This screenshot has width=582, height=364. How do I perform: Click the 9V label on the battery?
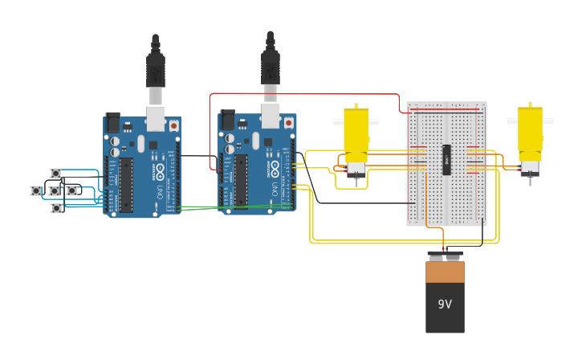(445, 305)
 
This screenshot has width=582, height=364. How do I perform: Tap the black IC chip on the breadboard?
(446, 159)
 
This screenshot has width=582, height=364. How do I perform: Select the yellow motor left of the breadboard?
(356, 137)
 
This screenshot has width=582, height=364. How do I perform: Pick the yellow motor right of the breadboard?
(530, 137)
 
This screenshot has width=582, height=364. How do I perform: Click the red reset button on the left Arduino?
(173, 125)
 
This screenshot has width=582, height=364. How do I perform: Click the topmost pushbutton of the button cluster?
(55, 174)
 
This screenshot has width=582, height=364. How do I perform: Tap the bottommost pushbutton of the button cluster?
(56, 208)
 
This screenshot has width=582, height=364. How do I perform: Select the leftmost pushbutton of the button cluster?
(36, 190)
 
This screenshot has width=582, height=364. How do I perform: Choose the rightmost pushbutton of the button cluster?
(71, 190)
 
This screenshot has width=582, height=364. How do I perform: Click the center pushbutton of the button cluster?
(54, 191)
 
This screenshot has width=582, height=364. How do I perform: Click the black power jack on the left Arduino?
(112, 122)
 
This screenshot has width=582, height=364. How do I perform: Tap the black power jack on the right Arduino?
(227, 120)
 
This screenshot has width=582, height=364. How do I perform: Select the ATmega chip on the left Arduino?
(126, 185)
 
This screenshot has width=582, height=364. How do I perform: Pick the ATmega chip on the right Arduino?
(241, 181)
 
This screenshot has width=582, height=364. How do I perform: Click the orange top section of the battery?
(445, 272)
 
